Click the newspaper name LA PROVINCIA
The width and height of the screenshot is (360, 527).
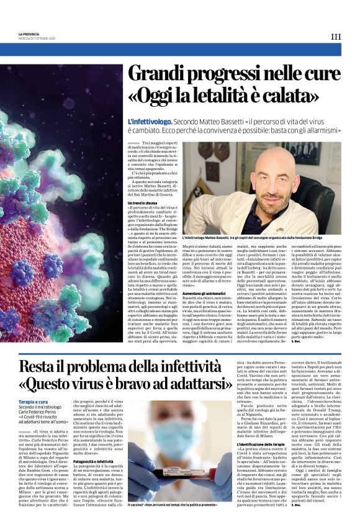pyautogui.click(x=29, y=34)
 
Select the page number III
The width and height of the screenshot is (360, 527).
pyautogui.click(x=335, y=36)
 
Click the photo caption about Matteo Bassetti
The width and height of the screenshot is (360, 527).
pyautogui.click(x=261, y=238)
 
